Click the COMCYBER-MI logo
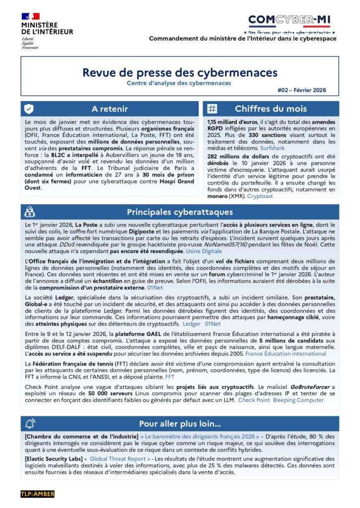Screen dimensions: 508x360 (x=289, y=20)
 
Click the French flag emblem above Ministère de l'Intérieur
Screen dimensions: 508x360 (x=30, y=17)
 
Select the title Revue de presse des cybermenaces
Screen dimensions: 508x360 (x=179, y=72)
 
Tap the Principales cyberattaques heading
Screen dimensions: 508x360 (x=179, y=212)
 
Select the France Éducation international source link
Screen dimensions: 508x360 (x=286, y=354)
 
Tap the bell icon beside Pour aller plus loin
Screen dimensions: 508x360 (x=30, y=424)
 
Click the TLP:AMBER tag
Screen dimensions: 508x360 (x=37, y=494)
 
